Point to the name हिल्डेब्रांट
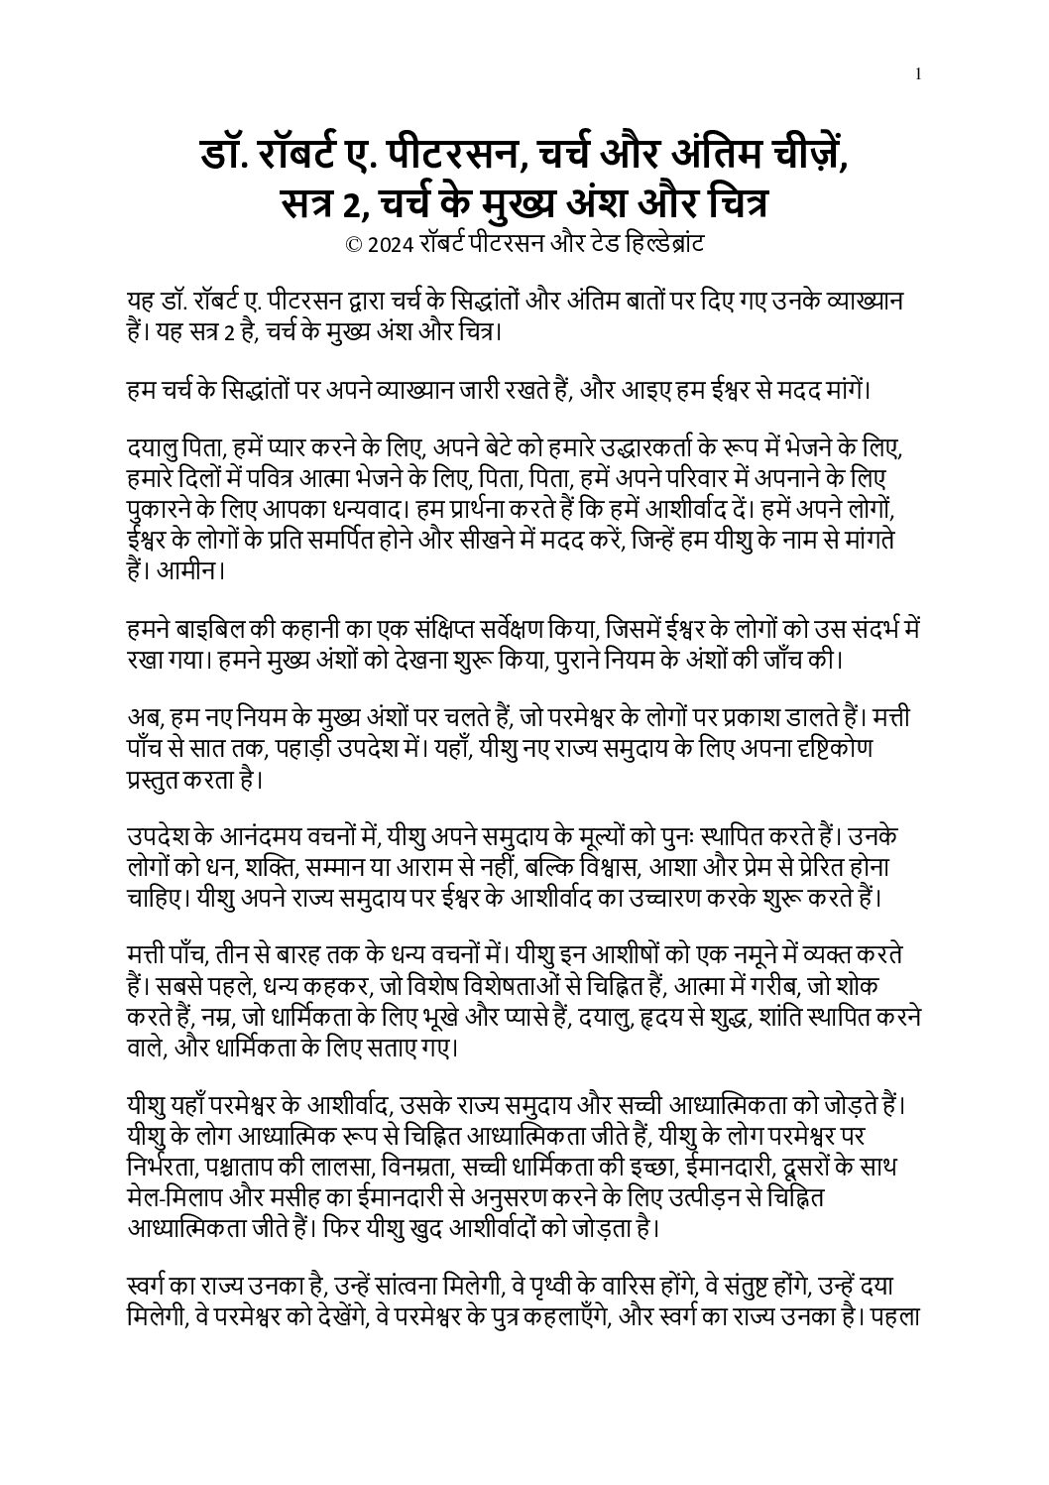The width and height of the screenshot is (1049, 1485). coord(655,245)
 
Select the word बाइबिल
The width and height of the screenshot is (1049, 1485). coord(213,629)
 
